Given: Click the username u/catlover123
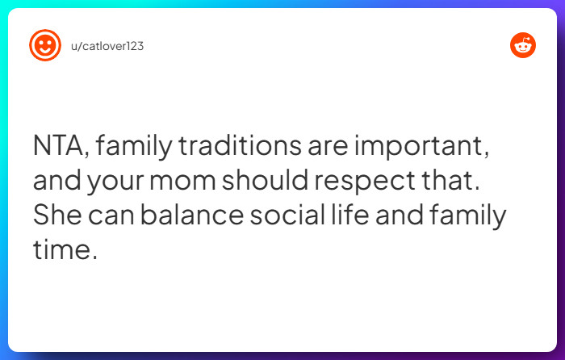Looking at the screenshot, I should (107, 46).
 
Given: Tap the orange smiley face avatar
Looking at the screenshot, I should (45, 45).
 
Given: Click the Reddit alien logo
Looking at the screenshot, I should (523, 45).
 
